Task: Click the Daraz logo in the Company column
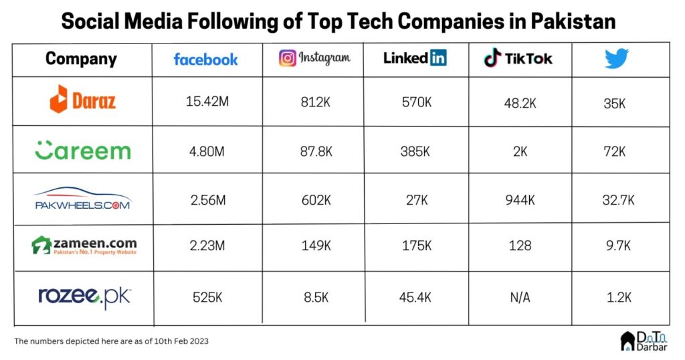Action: pyautogui.click(x=82, y=101)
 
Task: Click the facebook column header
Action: pyautogui.click(x=205, y=59)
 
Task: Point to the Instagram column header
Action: pyautogui.click(x=314, y=58)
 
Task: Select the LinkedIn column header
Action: pyautogui.click(x=415, y=58)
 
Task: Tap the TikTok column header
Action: pyautogui.click(x=518, y=58)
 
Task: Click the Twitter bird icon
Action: pyautogui.click(x=617, y=59)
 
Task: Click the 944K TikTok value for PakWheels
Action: pyautogui.click(x=520, y=199)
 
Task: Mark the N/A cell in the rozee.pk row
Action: pyautogui.click(x=520, y=297)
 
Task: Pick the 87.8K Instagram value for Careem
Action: pyautogui.click(x=315, y=151)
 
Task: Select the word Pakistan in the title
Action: pyautogui.click(x=573, y=21)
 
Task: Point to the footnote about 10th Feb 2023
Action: pyautogui.click(x=111, y=341)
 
